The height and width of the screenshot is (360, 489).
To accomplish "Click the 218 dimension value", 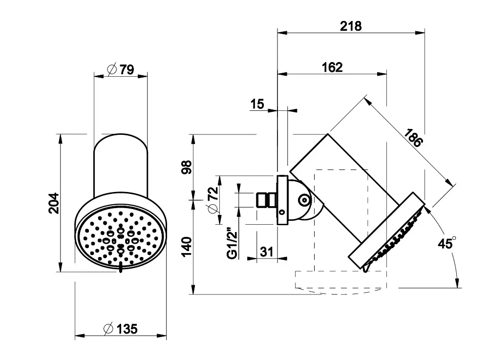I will [x=351, y=26].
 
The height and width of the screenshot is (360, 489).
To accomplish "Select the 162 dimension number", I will [x=332, y=67].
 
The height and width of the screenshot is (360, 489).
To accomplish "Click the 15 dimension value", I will [x=257, y=104].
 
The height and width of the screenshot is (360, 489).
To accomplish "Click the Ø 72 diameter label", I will [x=212, y=200].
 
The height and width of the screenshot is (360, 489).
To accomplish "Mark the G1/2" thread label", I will [x=233, y=241].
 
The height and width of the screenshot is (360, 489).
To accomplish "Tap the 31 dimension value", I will [x=266, y=252].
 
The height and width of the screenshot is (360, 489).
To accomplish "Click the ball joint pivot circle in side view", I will [x=304, y=200].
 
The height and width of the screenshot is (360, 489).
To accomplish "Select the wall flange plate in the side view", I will [x=282, y=200].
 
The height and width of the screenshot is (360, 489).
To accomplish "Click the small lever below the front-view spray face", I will [x=120, y=268].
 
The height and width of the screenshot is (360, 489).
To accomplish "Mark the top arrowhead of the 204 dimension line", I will [x=60, y=137].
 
